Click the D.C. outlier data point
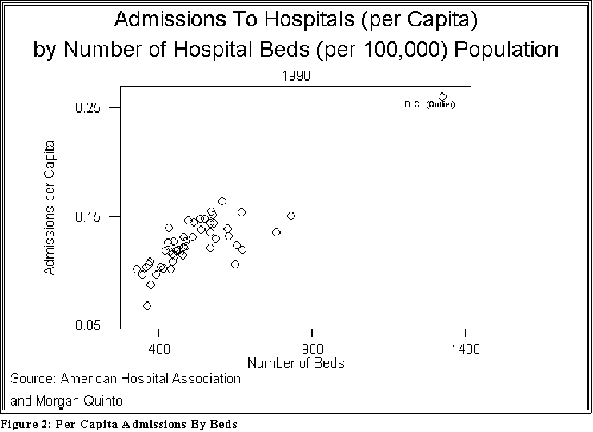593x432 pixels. [443, 97]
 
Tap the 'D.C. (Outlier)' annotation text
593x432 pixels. [429, 105]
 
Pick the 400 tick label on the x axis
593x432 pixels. [159, 349]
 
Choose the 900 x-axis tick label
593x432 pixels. [312, 349]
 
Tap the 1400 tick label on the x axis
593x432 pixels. [466, 349]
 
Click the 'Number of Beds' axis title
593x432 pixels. [295, 363]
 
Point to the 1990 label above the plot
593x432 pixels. [297, 75]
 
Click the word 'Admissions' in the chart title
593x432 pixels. [165, 18]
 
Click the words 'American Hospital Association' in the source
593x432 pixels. [150, 378]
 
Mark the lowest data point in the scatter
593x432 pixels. [147, 306]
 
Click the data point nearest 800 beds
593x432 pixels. [291, 216]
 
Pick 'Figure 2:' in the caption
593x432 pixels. [25, 423]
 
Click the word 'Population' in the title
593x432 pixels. [508, 50]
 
